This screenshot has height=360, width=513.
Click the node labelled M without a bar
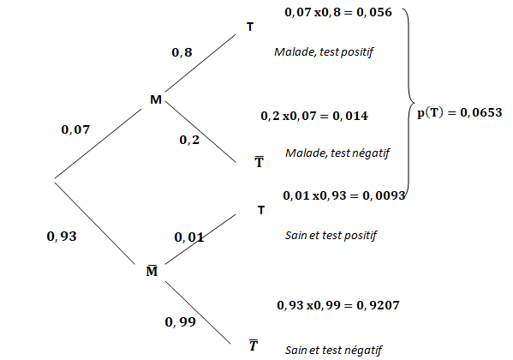(x=156, y=99)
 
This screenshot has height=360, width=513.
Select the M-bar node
(x=152, y=271)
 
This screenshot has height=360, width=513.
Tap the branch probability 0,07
(x=75, y=129)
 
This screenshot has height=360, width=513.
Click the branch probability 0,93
(x=62, y=237)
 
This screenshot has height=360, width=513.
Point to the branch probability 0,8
(x=182, y=52)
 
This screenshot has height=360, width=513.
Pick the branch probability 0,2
(x=189, y=140)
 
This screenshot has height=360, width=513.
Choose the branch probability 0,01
(x=189, y=237)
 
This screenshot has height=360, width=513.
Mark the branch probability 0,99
(x=180, y=322)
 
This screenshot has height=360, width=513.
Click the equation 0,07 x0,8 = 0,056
(x=338, y=13)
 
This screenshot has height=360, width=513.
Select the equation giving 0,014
(x=314, y=116)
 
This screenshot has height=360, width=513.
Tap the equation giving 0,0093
(x=344, y=195)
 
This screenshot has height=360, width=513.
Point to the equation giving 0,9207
(x=338, y=305)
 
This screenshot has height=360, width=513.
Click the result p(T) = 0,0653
(x=460, y=112)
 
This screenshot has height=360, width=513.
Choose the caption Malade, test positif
(x=324, y=52)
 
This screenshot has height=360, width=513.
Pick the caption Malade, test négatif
(x=337, y=153)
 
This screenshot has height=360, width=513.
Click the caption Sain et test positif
(x=331, y=236)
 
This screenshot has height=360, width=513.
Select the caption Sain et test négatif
(x=334, y=351)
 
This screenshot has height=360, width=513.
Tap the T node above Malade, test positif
(x=250, y=27)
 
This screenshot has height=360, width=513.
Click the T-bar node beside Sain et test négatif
(x=254, y=345)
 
